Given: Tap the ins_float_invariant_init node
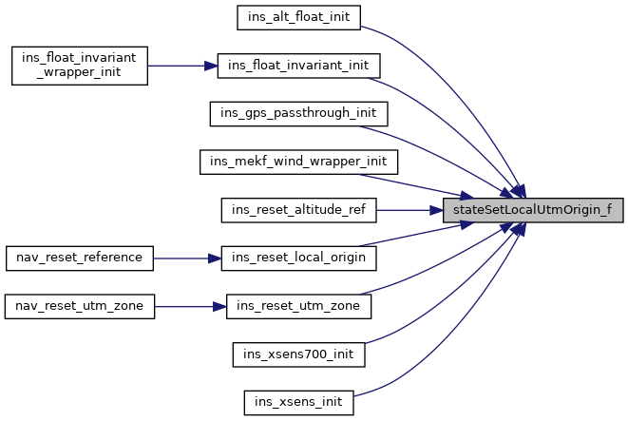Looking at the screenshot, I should [299, 66].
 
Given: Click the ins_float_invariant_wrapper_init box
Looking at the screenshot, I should [79, 66].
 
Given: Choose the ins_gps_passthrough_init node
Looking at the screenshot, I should [299, 113].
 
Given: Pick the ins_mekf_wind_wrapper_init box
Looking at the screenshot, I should [299, 161].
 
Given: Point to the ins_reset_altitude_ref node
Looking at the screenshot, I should [299, 209].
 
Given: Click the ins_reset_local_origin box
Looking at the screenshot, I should [299, 258].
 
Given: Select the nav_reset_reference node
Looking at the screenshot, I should [79, 258].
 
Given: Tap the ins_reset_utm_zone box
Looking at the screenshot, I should [299, 306].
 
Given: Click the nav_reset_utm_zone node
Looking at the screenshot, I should [79, 306].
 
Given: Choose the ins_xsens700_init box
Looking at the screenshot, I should [299, 354].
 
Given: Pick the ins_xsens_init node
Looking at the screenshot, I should [299, 402].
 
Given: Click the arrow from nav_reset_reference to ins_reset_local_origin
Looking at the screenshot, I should [186, 258].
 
